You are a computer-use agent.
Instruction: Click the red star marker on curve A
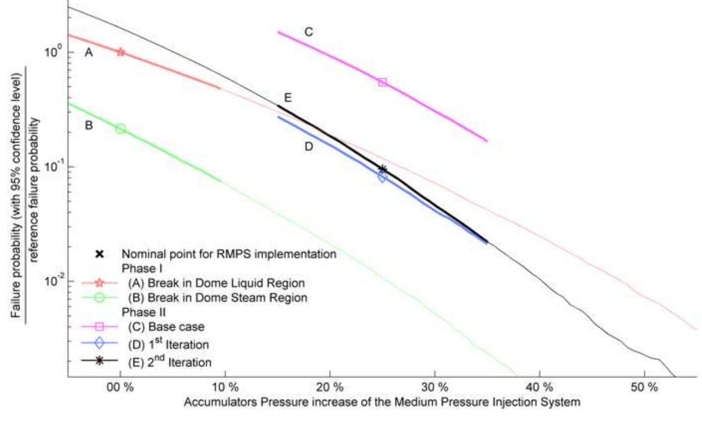[121, 52]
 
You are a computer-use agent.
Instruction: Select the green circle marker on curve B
[121, 129]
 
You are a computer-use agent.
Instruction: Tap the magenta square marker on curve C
[382, 82]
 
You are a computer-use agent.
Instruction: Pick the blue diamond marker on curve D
[382, 177]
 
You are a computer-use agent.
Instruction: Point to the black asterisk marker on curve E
[382, 169]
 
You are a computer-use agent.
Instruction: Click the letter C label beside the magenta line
[308, 32]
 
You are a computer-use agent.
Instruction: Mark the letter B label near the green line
[89, 126]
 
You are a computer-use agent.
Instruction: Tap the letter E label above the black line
[288, 98]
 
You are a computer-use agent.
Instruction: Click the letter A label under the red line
[89, 52]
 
